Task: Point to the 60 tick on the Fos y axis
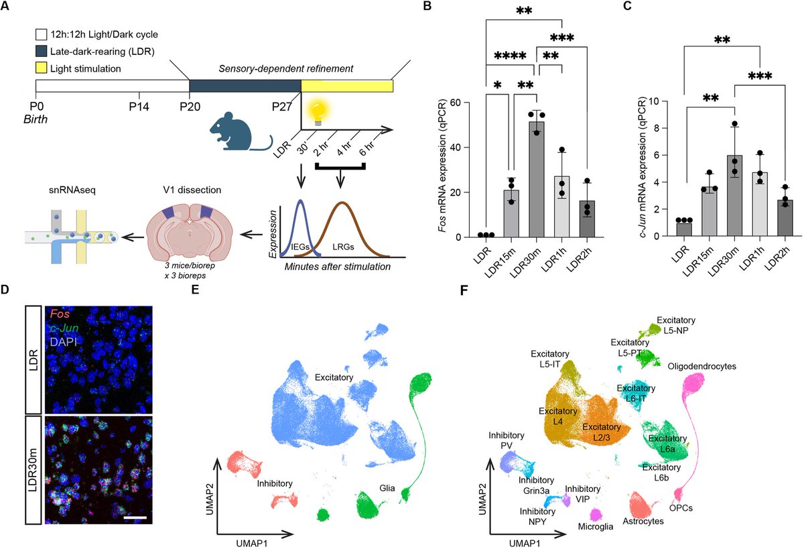(461, 103)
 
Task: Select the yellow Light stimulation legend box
(42, 68)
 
